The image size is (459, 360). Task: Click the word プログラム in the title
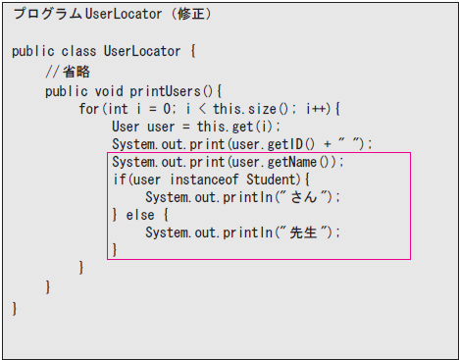pos(48,14)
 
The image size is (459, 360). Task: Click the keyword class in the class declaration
pos(78,51)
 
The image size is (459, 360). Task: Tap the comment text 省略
pos(76,72)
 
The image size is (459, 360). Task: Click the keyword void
pos(109,91)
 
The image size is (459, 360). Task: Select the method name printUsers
pos(165,91)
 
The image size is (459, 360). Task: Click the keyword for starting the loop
pos(88,109)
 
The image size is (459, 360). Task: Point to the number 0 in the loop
pos(167,109)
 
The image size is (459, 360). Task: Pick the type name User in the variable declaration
pos(126,127)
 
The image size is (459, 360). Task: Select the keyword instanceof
pos(204,180)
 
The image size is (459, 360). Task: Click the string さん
pos(304,197)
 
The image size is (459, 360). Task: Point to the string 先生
pos(303,232)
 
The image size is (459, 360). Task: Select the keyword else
pos(140,215)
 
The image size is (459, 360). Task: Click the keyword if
pos(119,180)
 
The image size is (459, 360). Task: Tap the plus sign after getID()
pos(328,144)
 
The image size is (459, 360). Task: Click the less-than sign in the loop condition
pos(202,109)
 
